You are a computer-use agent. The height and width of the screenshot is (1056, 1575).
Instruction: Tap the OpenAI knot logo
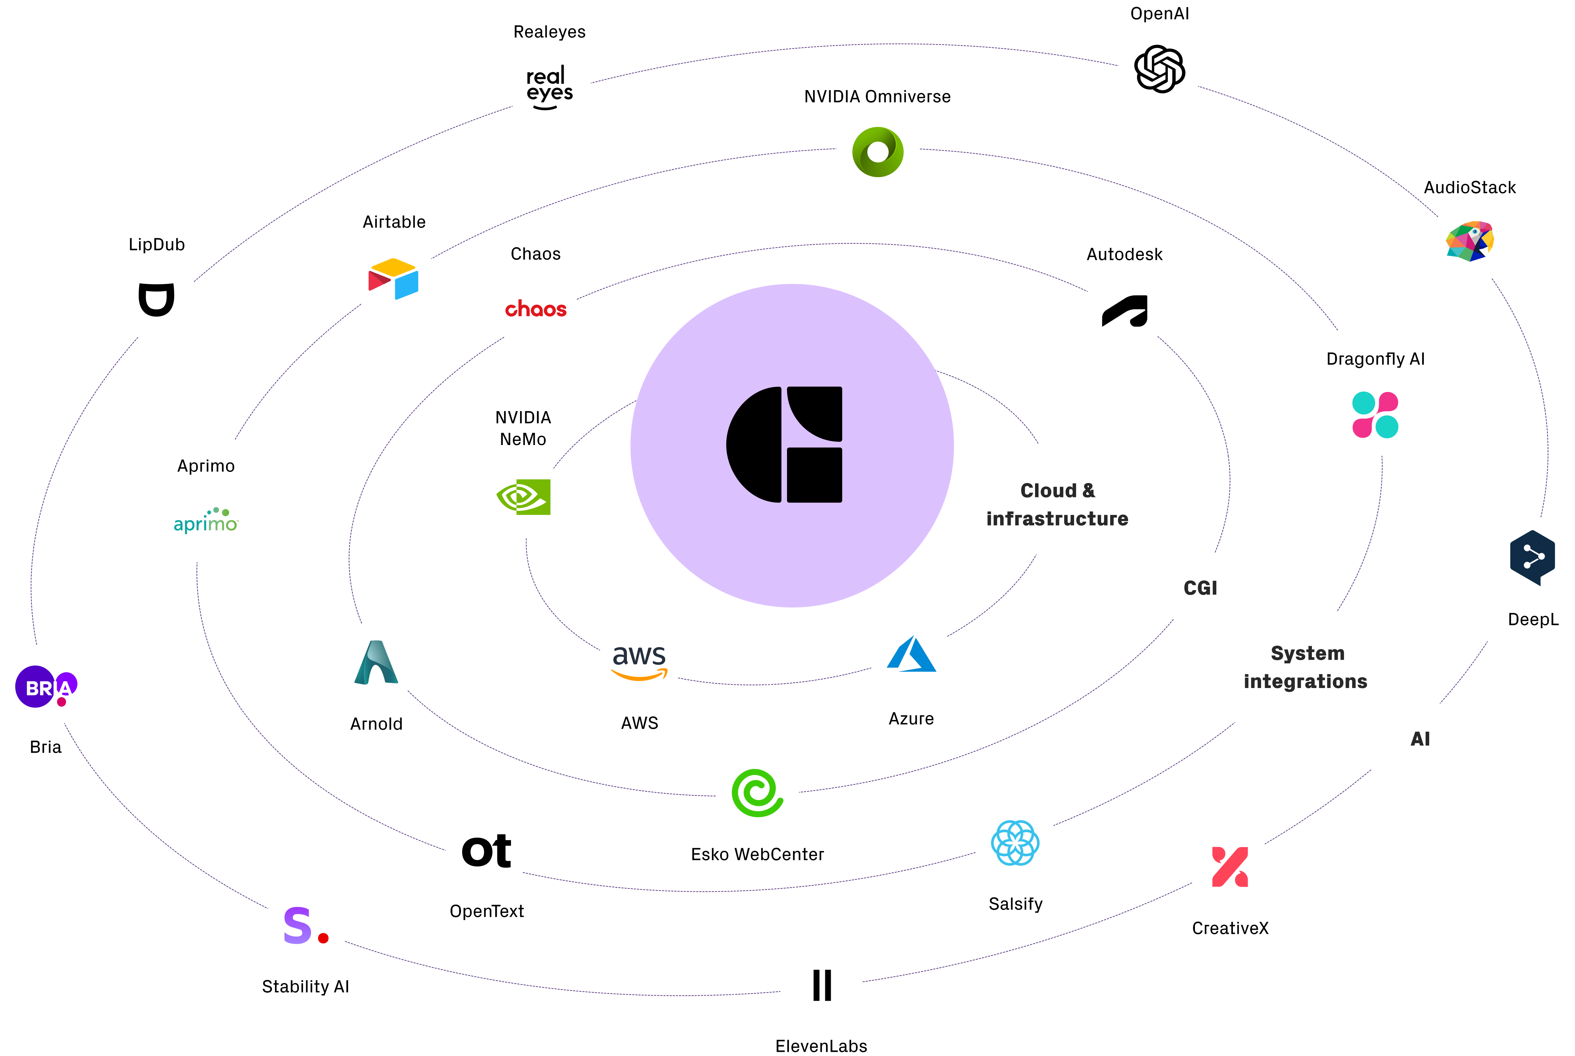point(1159,69)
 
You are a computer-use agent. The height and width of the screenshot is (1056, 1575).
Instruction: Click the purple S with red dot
point(306,925)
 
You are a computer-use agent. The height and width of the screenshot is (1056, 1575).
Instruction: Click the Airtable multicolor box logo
point(394,278)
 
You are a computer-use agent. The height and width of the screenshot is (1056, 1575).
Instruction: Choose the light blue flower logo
point(1016,842)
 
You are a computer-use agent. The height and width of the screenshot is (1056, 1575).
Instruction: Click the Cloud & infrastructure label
point(1057,505)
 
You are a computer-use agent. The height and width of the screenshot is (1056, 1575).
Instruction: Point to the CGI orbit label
point(1200,588)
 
